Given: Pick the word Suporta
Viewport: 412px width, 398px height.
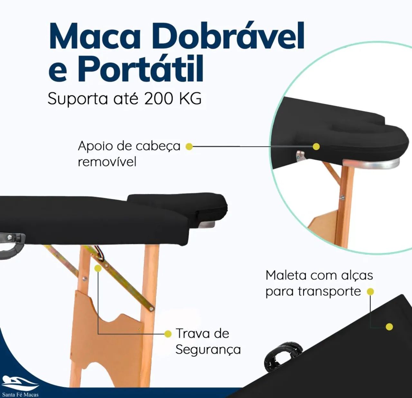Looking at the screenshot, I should click(78, 99).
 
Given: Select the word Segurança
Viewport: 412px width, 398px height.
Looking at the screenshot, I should click(208, 350).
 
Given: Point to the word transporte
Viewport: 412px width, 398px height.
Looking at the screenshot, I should click(329, 291).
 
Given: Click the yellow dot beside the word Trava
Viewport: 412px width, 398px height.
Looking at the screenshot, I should click(168, 334).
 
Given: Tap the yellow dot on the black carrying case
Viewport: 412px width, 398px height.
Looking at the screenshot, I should click(389, 327).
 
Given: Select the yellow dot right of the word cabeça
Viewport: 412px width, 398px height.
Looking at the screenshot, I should click(189, 147).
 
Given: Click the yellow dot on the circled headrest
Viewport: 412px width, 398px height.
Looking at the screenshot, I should click(316, 147).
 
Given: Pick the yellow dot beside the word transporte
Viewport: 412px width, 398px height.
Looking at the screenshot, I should click(370, 292).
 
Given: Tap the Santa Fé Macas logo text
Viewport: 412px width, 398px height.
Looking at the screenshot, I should click(20, 394).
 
